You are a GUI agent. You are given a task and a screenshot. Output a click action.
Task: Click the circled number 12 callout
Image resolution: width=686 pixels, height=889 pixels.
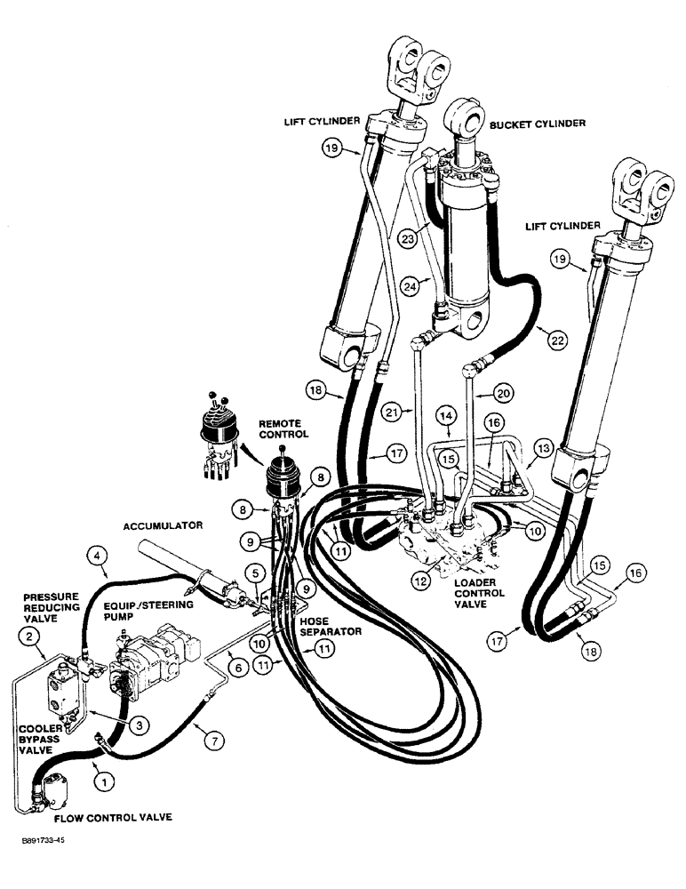click(421, 581)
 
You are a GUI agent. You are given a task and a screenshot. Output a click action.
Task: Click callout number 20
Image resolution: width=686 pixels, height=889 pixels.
click(505, 391)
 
